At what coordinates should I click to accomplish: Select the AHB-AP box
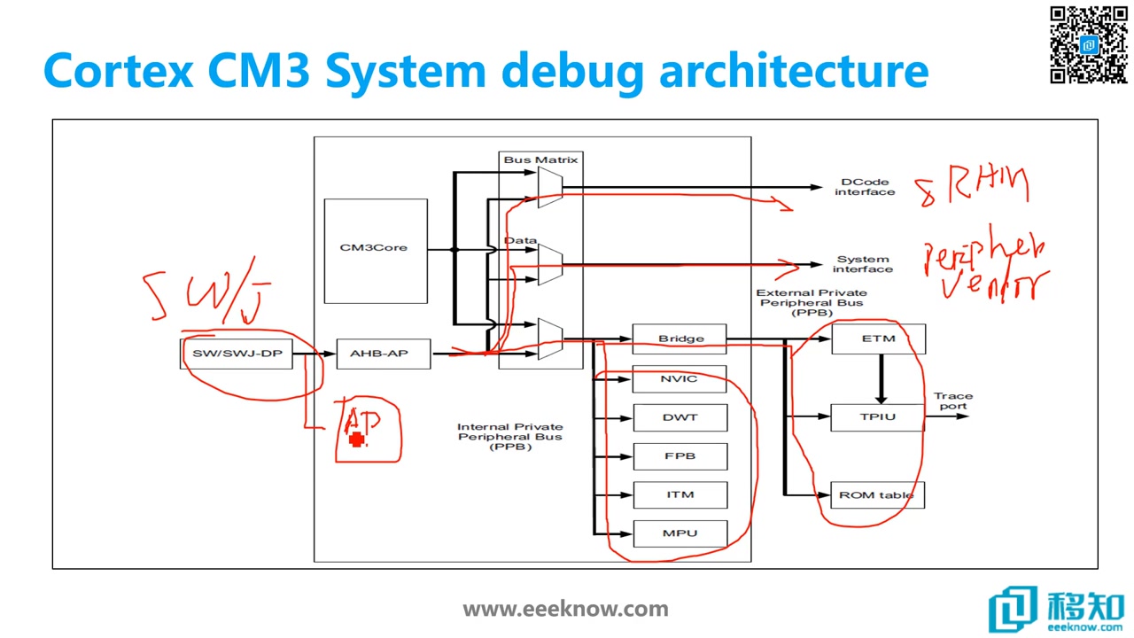(384, 354)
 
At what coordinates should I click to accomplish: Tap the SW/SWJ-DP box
(237, 354)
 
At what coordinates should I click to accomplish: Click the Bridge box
(680, 338)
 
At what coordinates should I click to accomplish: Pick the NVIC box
(680, 379)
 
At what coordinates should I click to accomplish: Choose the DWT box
(680, 417)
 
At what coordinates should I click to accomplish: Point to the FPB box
(680, 456)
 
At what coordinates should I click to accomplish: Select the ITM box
(680, 494)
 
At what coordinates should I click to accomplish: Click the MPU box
(680, 533)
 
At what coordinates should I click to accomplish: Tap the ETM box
(878, 338)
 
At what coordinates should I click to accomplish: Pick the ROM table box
(876, 494)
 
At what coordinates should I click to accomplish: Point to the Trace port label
(952, 401)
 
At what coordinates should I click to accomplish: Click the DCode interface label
(864, 187)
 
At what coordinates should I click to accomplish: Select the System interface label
(862, 264)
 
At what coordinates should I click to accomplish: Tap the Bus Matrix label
(540, 160)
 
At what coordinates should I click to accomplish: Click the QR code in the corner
(1089, 44)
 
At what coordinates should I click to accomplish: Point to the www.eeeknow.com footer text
(565, 609)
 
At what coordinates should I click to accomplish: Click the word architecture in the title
(793, 71)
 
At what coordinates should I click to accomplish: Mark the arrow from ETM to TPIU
(881, 378)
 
